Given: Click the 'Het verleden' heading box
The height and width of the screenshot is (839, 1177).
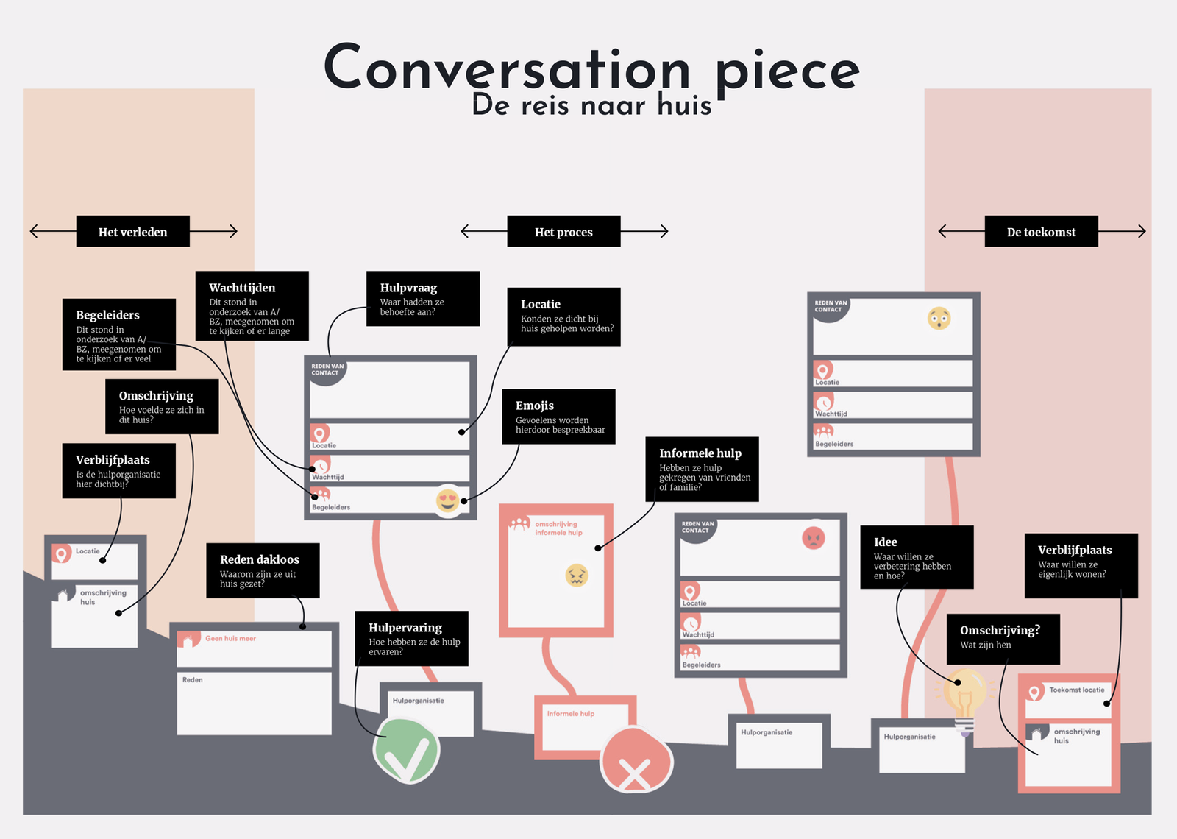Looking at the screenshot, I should pyautogui.click(x=132, y=232).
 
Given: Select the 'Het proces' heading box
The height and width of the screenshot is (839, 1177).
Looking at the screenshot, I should pyautogui.click(x=563, y=232).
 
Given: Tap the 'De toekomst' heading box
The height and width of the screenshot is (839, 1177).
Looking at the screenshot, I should pyautogui.click(x=1041, y=232).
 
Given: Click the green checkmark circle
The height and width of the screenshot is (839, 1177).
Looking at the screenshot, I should pyautogui.click(x=406, y=751).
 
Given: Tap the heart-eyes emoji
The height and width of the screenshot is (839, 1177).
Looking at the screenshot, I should pyautogui.click(x=448, y=500).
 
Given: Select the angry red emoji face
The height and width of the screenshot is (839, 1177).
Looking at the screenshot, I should pyautogui.click(x=814, y=538).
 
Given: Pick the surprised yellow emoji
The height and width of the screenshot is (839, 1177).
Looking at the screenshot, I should pyautogui.click(x=939, y=319).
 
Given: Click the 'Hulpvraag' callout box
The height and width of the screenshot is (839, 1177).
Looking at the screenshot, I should pyautogui.click(x=423, y=298).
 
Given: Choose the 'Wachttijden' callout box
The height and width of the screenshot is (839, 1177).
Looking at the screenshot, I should pyautogui.click(x=252, y=306).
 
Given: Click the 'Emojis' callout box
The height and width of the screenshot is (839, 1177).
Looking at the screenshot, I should pyautogui.click(x=558, y=417).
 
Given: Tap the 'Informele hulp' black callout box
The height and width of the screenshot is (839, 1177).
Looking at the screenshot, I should pyautogui.click(x=702, y=470).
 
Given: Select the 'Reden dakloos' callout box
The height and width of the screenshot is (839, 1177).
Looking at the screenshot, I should pyautogui.click(x=263, y=570).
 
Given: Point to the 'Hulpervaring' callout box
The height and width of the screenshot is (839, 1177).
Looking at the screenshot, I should pyautogui.click(x=411, y=638).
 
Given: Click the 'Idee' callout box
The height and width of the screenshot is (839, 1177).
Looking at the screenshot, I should pyautogui.click(x=917, y=557).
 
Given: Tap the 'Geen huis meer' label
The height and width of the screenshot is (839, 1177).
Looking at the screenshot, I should pyautogui.click(x=230, y=639).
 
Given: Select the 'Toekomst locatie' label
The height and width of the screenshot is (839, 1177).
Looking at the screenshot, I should pyautogui.click(x=1076, y=690).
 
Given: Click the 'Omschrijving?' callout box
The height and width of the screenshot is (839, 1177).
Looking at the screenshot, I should pyautogui.click(x=1003, y=639).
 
